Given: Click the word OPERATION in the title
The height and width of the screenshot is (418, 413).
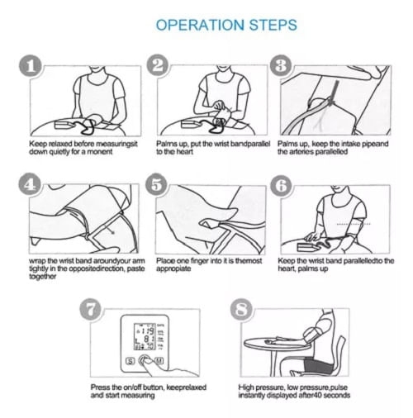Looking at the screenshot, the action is [200, 25].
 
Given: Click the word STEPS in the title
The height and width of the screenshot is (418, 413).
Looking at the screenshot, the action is [273, 25].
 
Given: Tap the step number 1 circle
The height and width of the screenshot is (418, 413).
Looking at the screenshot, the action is [31, 66].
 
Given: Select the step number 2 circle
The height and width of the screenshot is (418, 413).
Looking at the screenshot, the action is [158, 65].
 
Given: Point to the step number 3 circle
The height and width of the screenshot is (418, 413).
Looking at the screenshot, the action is [281, 65].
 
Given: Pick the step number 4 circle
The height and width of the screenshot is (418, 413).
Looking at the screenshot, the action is [30, 184].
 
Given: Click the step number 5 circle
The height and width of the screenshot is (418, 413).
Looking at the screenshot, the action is [157, 184].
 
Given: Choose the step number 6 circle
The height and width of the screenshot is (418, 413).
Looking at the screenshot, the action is [281, 186].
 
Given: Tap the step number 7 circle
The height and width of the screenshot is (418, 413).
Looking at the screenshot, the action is [91, 310].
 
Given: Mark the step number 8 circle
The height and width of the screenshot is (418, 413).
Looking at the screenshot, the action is [241, 309].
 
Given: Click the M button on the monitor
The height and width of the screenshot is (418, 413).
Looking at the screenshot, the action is [159, 360].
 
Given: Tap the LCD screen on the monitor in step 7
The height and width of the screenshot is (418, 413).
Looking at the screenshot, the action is [145, 336].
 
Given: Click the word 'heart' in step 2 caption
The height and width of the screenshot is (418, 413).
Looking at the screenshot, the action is [183, 152].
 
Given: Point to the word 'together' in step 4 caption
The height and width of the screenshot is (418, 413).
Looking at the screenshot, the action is [43, 277].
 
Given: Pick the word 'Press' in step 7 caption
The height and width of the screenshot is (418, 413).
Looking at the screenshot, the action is [99, 387].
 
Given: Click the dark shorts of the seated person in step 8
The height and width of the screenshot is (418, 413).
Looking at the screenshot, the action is [319, 365].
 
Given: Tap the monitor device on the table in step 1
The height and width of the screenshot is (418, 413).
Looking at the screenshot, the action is [64, 125].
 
